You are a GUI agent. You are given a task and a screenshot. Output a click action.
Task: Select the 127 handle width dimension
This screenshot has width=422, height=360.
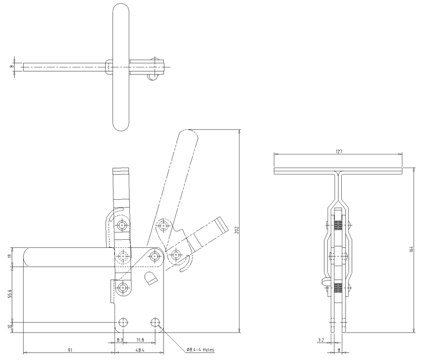tap(339, 151)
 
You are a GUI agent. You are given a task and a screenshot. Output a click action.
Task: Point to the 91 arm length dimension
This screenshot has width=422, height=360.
tap(70, 350)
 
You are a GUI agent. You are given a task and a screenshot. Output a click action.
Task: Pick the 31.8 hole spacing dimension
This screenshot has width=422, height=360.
tap(140, 340)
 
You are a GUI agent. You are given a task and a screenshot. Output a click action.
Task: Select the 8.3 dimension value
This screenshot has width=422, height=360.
tap(120, 340)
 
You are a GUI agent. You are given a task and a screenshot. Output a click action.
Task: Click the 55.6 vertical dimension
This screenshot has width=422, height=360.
tap(9, 295)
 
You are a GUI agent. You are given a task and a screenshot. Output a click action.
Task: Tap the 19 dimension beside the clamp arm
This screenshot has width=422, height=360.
tap(9, 257)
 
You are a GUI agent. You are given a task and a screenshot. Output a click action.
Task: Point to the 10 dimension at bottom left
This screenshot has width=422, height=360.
tap(9, 327)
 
